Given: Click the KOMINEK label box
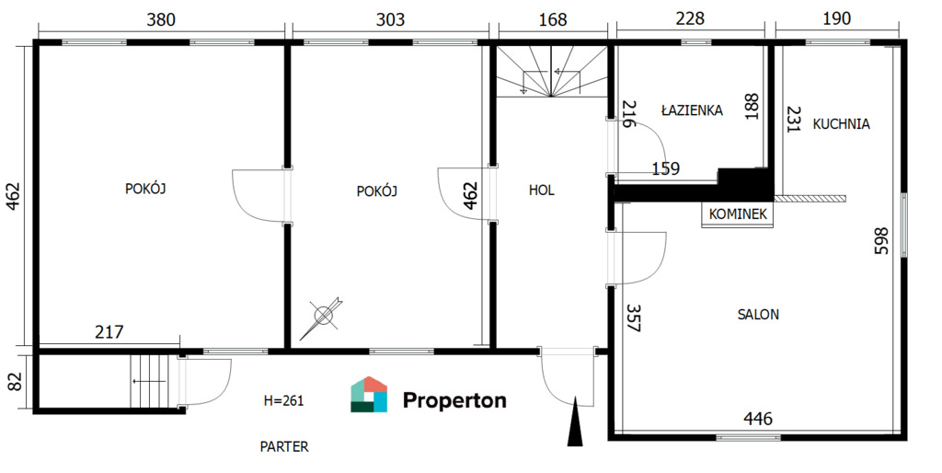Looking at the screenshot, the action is [x=738, y=214].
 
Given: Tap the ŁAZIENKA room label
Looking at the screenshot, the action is [x=692, y=110].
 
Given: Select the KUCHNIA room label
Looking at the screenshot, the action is [x=841, y=124].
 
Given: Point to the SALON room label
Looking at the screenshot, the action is [x=758, y=315].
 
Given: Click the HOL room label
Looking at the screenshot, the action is [x=541, y=190].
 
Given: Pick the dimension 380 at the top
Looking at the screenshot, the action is [x=162, y=20].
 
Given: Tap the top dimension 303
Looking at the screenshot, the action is [x=390, y=20].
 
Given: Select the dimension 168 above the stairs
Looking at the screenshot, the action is [x=553, y=20].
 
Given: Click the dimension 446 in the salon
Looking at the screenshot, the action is [x=758, y=419].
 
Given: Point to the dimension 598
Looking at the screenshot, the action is [x=880, y=240].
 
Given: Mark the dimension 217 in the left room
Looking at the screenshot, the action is [x=109, y=332].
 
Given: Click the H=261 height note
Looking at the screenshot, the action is [x=283, y=400].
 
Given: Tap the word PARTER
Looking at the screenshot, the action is [x=284, y=447].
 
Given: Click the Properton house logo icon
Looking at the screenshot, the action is [x=369, y=395].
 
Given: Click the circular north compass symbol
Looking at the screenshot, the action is [x=323, y=317].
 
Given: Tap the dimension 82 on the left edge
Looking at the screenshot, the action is [x=15, y=381].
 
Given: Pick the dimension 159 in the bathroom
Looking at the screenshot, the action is [x=666, y=169].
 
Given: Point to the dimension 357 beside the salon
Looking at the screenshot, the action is [x=633, y=317].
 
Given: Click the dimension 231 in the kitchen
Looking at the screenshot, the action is [x=794, y=119].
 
